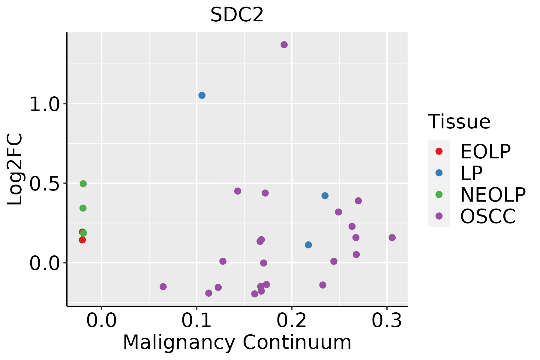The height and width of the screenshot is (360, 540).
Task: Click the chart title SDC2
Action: (237, 15)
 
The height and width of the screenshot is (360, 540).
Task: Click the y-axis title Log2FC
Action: (15, 169)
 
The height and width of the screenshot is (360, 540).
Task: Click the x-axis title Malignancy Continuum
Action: (237, 342)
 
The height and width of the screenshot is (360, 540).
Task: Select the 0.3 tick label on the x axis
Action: (386, 321)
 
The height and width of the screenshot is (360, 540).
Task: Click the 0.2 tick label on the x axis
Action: (292, 321)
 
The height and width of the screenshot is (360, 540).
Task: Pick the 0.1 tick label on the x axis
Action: (196, 321)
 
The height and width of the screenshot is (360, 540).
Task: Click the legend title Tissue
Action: (459, 122)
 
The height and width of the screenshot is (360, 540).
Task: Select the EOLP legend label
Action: (485, 151)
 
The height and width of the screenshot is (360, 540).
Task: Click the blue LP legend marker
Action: (439, 173)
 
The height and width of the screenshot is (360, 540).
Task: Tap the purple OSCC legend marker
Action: (439, 216)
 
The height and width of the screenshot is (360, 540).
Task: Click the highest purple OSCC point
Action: (284, 45)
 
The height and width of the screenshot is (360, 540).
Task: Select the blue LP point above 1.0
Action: (202, 95)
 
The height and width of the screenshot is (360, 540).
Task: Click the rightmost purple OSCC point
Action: (392, 238)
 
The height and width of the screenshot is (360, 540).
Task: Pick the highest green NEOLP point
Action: (83, 184)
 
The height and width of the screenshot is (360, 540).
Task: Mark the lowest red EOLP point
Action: (82, 240)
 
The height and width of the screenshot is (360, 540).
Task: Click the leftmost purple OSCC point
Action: (163, 286)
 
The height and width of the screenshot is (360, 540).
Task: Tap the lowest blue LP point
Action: (308, 245)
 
